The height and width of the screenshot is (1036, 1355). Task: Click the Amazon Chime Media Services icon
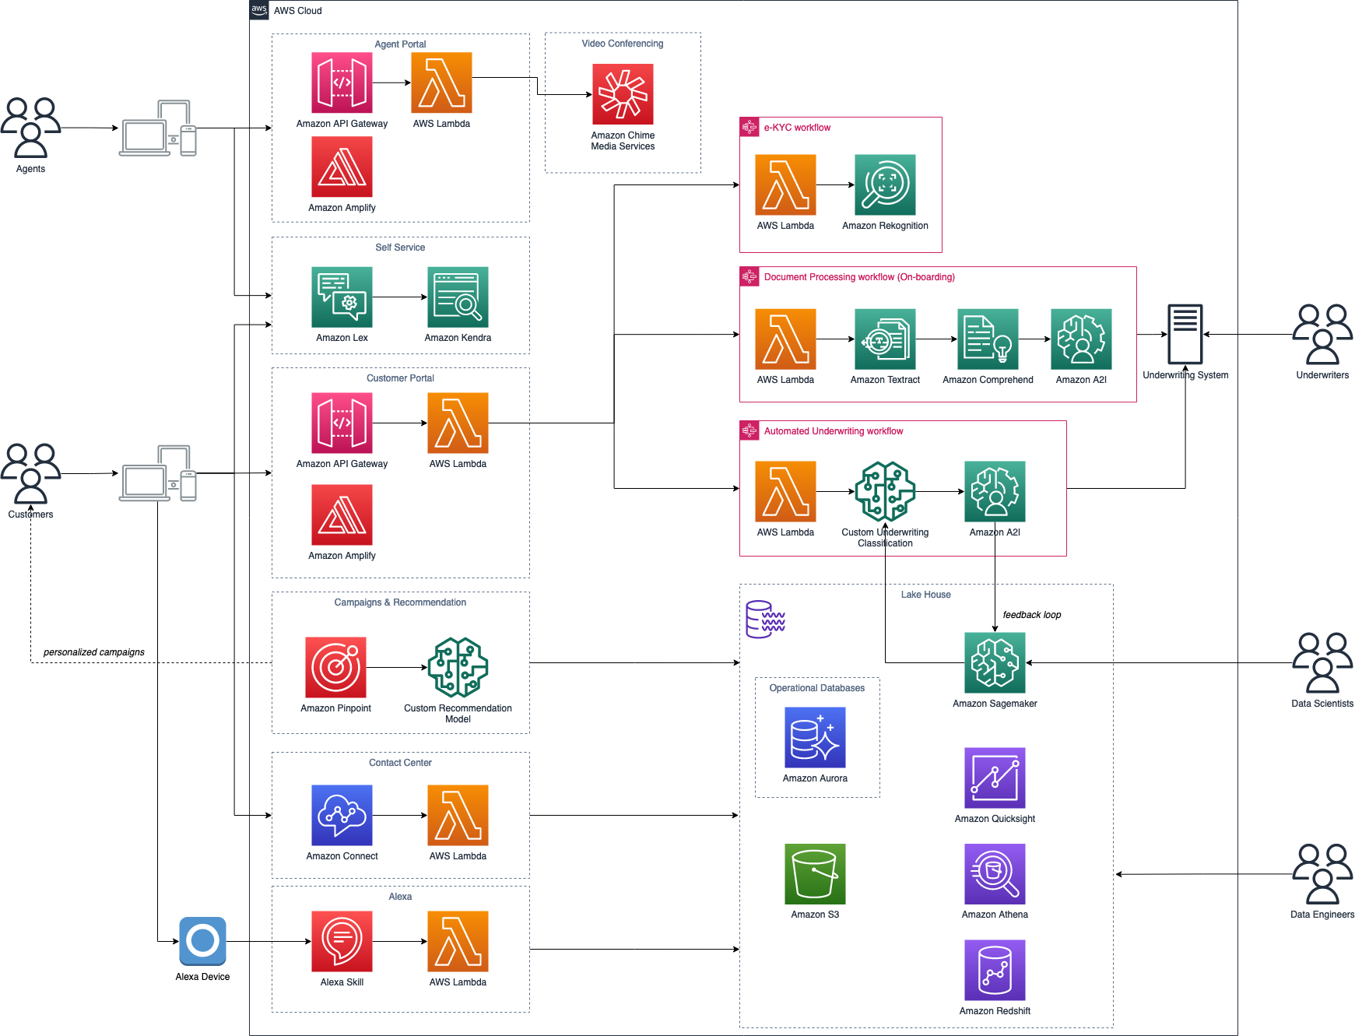pos(623,94)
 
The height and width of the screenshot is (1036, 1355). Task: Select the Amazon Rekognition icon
pos(885,184)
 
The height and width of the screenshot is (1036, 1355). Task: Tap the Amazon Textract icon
pos(885,339)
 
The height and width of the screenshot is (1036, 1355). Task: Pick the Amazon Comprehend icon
pos(988,339)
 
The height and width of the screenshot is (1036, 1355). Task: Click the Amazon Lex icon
pos(342,297)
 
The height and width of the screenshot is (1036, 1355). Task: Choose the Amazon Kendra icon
pos(458,297)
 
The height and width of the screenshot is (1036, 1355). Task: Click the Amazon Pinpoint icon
pos(335,667)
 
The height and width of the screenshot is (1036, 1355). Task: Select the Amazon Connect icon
pos(342,815)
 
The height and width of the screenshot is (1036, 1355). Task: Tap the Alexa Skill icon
pos(342,941)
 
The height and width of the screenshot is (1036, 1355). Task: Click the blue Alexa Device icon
pos(202,941)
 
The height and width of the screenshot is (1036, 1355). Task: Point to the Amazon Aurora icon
pos(815,737)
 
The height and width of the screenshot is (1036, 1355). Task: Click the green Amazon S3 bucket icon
pos(815,874)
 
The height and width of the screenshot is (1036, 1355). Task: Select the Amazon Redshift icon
pos(995,970)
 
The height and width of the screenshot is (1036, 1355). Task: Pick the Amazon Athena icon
pos(995,874)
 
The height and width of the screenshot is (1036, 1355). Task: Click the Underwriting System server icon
pos(1185,334)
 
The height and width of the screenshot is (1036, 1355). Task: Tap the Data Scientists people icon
pos(1322,662)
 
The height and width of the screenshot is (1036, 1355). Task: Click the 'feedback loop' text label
pos(1031,615)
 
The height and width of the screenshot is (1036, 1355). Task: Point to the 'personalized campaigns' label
pos(94,652)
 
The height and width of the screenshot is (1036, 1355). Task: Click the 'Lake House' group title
pos(925,595)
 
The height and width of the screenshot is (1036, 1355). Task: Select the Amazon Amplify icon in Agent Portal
pos(342,167)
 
